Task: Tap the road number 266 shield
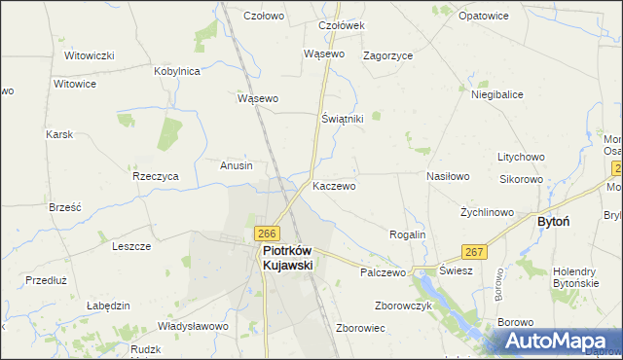point(268,234)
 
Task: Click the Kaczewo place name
point(334,185)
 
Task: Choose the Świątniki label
point(343,118)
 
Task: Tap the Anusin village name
point(237,165)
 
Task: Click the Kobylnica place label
point(177,71)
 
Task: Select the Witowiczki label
point(91,55)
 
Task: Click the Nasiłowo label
point(449,176)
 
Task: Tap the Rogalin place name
point(408,234)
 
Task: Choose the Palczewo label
point(383,273)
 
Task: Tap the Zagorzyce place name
point(388,55)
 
